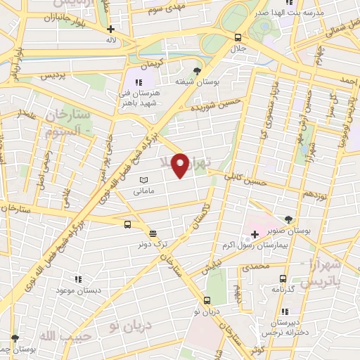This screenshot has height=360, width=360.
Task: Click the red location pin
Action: (181, 165)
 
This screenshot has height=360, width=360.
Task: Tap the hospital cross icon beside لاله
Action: (111, 30)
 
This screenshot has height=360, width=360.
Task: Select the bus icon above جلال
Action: (238, 37)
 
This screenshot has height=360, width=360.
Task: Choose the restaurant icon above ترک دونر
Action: (153, 233)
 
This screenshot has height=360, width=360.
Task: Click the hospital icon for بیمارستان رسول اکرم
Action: (255, 233)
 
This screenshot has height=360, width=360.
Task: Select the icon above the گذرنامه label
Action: (283, 278)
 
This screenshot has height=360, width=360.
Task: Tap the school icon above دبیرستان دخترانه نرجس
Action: (285, 311)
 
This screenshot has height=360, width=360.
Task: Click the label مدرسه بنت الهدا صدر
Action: (317, 13)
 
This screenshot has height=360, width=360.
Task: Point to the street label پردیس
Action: (57, 73)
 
